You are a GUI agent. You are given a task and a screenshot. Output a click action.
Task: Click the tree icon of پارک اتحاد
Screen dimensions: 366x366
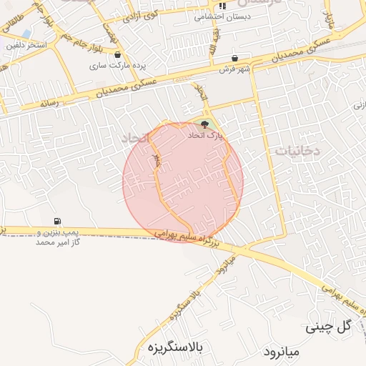pyautogui.click(x=207, y=125)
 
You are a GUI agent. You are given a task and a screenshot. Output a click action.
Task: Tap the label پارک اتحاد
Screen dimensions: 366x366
pyautogui.click(x=207, y=135)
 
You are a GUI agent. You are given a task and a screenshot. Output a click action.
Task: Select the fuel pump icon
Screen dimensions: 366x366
pyautogui.click(x=56, y=222)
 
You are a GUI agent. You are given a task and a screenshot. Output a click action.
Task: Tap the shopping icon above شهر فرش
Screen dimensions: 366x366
pyautogui.click(x=235, y=59)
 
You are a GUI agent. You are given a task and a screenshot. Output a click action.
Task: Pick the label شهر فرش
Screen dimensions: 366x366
pyautogui.click(x=235, y=69)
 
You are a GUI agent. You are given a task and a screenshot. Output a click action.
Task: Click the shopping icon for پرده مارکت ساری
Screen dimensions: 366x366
pyautogui.click(x=117, y=55)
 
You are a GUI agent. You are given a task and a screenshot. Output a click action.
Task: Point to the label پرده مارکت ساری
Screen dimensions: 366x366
pyautogui.click(x=117, y=65)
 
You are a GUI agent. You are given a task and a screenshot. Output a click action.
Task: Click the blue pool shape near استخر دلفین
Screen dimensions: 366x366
pyautogui.click(x=26, y=34)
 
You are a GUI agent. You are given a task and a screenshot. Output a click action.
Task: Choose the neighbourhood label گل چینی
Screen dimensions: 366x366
pyautogui.click(x=330, y=327)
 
